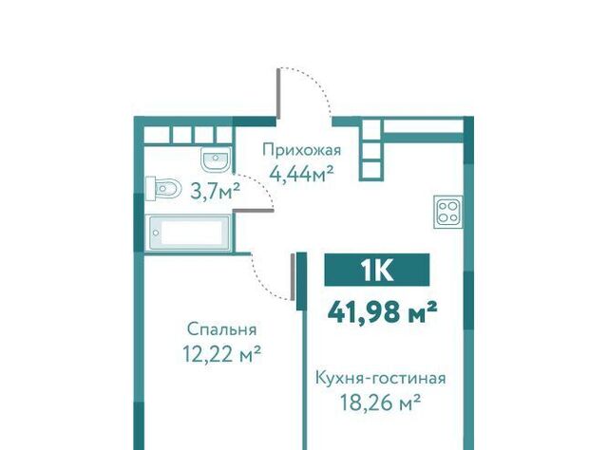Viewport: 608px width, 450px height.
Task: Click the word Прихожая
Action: (302, 150)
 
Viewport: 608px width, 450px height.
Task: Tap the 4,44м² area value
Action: (302, 174)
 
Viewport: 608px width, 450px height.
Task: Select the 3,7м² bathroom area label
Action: (216, 191)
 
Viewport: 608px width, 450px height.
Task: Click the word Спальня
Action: (221, 329)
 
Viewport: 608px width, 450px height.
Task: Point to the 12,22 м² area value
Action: (221, 354)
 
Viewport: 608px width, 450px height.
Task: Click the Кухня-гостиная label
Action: (381, 378)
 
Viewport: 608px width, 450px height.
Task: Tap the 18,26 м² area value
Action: (380, 403)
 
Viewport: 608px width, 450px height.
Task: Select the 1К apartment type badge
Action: (377, 270)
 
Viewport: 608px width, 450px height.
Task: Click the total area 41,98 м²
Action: (382, 312)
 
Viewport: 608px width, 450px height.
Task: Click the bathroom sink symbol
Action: (217, 159)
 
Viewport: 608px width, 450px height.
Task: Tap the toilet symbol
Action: (163, 189)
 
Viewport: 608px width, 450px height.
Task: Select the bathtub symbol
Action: (188, 233)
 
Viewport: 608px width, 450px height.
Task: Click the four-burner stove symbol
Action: (447, 212)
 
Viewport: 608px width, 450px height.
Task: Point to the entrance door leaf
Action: (278, 93)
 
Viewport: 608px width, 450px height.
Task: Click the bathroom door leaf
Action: (254, 211)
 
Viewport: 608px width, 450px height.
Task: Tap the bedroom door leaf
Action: (293, 276)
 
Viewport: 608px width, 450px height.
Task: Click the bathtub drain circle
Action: (156, 233)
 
